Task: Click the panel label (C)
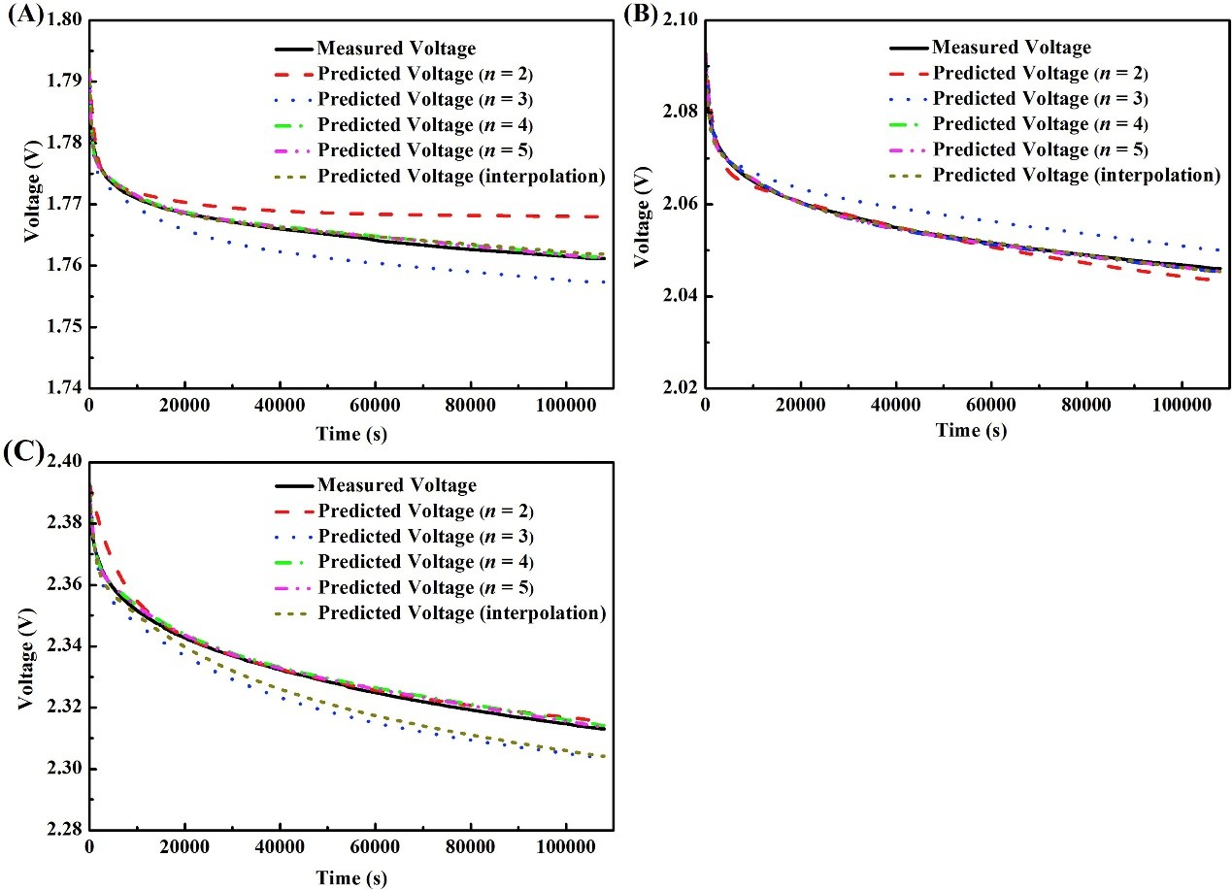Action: tap(23, 452)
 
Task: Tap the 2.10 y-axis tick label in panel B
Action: tap(680, 20)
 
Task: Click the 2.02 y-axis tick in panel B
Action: tap(680, 388)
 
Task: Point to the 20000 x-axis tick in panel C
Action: tap(183, 850)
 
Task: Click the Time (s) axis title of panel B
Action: tap(971, 430)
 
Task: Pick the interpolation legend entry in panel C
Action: tap(461, 613)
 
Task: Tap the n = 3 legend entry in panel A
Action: tap(425, 99)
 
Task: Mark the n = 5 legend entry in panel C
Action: tap(425, 588)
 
